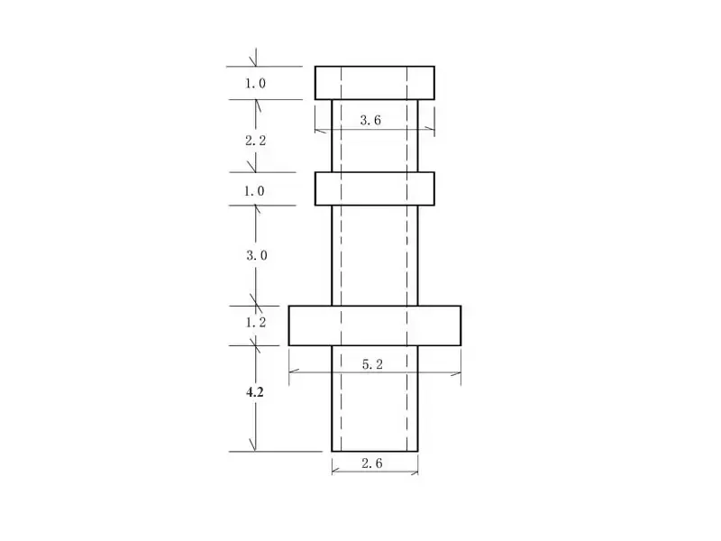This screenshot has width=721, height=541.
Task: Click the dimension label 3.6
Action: click(x=370, y=120)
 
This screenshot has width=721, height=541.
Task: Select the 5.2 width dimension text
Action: click(x=374, y=364)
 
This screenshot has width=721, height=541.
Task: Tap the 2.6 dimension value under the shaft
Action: click(x=372, y=463)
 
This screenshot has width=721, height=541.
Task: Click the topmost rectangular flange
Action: click(x=374, y=82)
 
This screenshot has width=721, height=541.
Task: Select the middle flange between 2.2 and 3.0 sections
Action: click(x=374, y=188)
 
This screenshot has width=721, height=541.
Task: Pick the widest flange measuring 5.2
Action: click(x=374, y=325)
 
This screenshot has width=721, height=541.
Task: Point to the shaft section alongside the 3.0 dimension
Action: click(x=374, y=255)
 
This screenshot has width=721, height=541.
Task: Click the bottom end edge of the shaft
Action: click(x=374, y=451)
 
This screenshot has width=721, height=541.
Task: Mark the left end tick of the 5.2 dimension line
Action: click(x=289, y=372)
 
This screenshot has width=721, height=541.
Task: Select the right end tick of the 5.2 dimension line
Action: click(x=461, y=372)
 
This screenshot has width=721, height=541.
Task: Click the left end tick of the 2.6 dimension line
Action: click(x=332, y=470)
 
